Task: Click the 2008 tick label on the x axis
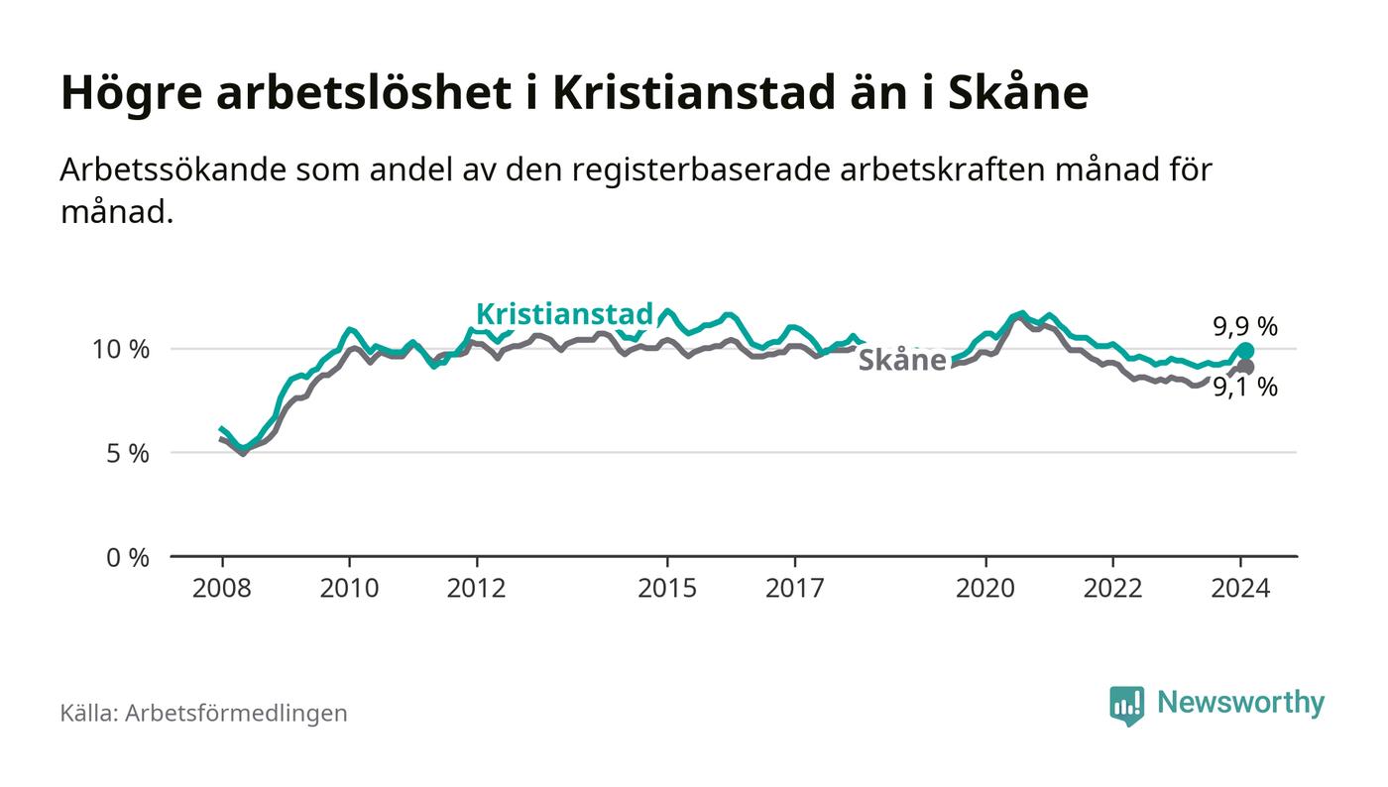coord(221,588)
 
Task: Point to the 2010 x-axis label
coord(349,588)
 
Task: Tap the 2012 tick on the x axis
coord(477,588)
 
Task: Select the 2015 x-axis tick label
coord(668,588)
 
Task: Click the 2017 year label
coord(795,588)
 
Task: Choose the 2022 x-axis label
coord(1113,588)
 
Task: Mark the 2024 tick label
coord(1241,588)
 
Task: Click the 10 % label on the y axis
coord(120,349)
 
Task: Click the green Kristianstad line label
coord(565,314)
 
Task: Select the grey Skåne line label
coord(901,360)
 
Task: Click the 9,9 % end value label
coord(1245,326)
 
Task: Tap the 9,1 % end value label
coord(1245,388)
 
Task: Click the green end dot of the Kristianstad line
coord(1245,351)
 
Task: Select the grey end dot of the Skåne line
coord(1245,368)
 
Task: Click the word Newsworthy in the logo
coord(1240,703)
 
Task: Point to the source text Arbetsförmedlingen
coord(236,713)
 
